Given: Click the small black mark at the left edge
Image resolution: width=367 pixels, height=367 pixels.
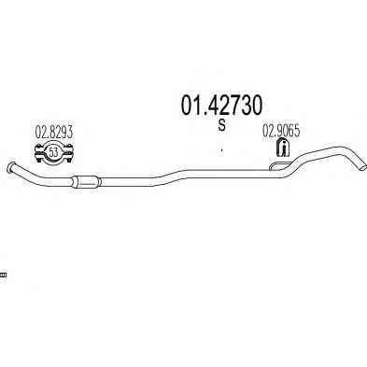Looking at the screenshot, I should point(3,275).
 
